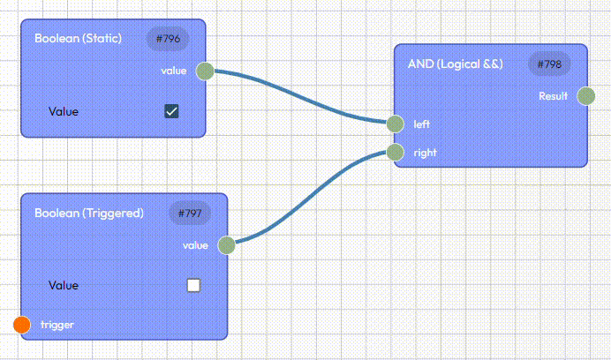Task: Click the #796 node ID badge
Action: pyautogui.click(x=168, y=39)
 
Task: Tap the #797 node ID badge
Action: pyautogui.click(x=190, y=213)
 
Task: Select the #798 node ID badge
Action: pyautogui.click(x=549, y=64)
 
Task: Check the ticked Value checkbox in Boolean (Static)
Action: pyautogui.click(x=172, y=111)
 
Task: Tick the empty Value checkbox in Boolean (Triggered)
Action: pyautogui.click(x=194, y=285)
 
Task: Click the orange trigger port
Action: pyautogui.click(x=23, y=325)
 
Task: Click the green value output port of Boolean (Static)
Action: pyautogui.click(x=204, y=70)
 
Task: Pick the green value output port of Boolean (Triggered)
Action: pyautogui.click(x=226, y=244)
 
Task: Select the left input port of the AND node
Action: pyautogui.click(x=395, y=124)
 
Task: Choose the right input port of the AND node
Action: pyautogui.click(x=395, y=152)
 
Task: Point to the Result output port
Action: pyautogui.click(x=585, y=95)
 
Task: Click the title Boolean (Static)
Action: pyautogui.click(x=78, y=39)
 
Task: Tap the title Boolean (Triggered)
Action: pyautogui.click(x=88, y=213)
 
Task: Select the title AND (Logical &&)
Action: pyautogui.click(x=455, y=64)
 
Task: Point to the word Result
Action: pyautogui.click(x=553, y=95)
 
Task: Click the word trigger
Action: pyautogui.click(x=57, y=325)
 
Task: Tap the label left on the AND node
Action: pyautogui.click(x=422, y=124)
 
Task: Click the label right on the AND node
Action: pyautogui.click(x=425, y=152)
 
